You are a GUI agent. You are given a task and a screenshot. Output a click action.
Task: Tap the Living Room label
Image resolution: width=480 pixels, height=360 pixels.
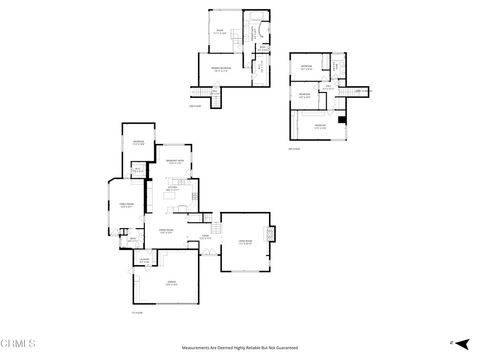(x=244, y=241)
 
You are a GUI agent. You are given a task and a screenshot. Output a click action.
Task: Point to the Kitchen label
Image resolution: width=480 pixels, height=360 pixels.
(x=172, y=189)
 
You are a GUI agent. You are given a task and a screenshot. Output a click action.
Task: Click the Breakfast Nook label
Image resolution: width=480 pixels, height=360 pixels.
(x=173, y=161)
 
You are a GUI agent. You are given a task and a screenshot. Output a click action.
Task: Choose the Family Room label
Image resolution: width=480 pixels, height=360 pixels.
(x=127, y=206)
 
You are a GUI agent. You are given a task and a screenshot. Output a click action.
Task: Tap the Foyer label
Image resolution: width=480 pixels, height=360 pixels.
(x=204, y=236)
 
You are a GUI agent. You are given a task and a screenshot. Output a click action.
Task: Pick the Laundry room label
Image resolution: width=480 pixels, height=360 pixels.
(x=145, y=260)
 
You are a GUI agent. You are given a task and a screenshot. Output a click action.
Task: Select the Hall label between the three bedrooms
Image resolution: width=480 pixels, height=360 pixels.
(x=327, y=87)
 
